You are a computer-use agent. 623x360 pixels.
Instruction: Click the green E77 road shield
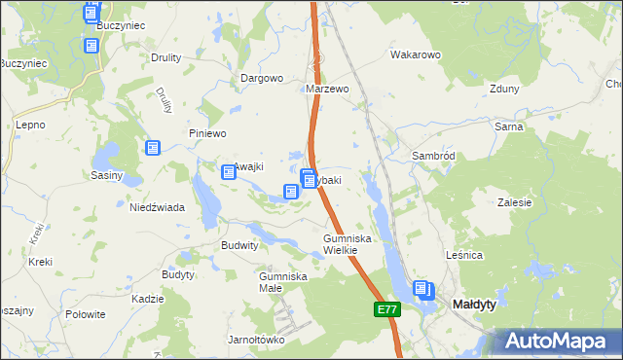point(386,309)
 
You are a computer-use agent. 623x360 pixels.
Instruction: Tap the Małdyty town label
point(475,305)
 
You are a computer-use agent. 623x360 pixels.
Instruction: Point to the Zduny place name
point(505,89)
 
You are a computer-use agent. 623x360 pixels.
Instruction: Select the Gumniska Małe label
point(283,282)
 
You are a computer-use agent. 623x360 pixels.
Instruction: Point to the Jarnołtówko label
point(255,340)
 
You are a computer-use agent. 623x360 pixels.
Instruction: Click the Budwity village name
point(239,246)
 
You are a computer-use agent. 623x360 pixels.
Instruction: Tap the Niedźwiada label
point(158,207)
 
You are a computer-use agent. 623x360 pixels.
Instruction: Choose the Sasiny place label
point(106,176)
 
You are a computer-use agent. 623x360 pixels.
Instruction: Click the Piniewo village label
point(207,133)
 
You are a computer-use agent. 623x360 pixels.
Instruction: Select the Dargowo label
point(262,78)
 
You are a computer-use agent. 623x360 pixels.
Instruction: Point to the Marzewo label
point(327,89)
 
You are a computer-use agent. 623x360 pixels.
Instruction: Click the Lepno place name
point(31,126)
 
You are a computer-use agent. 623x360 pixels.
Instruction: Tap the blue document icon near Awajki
point(229,172)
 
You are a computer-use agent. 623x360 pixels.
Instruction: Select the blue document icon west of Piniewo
point(153,148)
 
